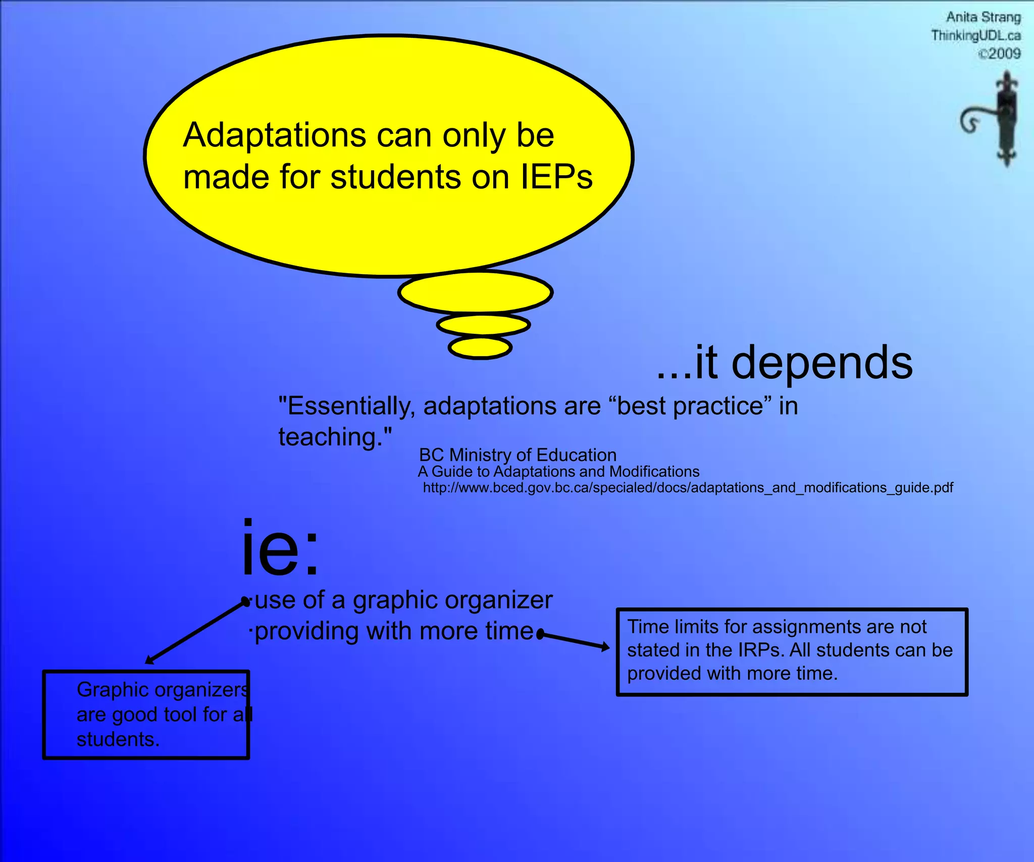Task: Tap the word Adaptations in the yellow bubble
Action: (274, 135)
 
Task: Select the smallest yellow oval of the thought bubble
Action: (480, 347)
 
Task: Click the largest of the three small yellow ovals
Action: (475, 292)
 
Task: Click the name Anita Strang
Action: (983, 17)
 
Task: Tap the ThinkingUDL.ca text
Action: (975, 35)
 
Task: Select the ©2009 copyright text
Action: (999, 54)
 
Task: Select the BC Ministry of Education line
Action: (518, 455)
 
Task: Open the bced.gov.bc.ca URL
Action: (688, 488)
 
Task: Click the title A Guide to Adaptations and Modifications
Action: (558, 472)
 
